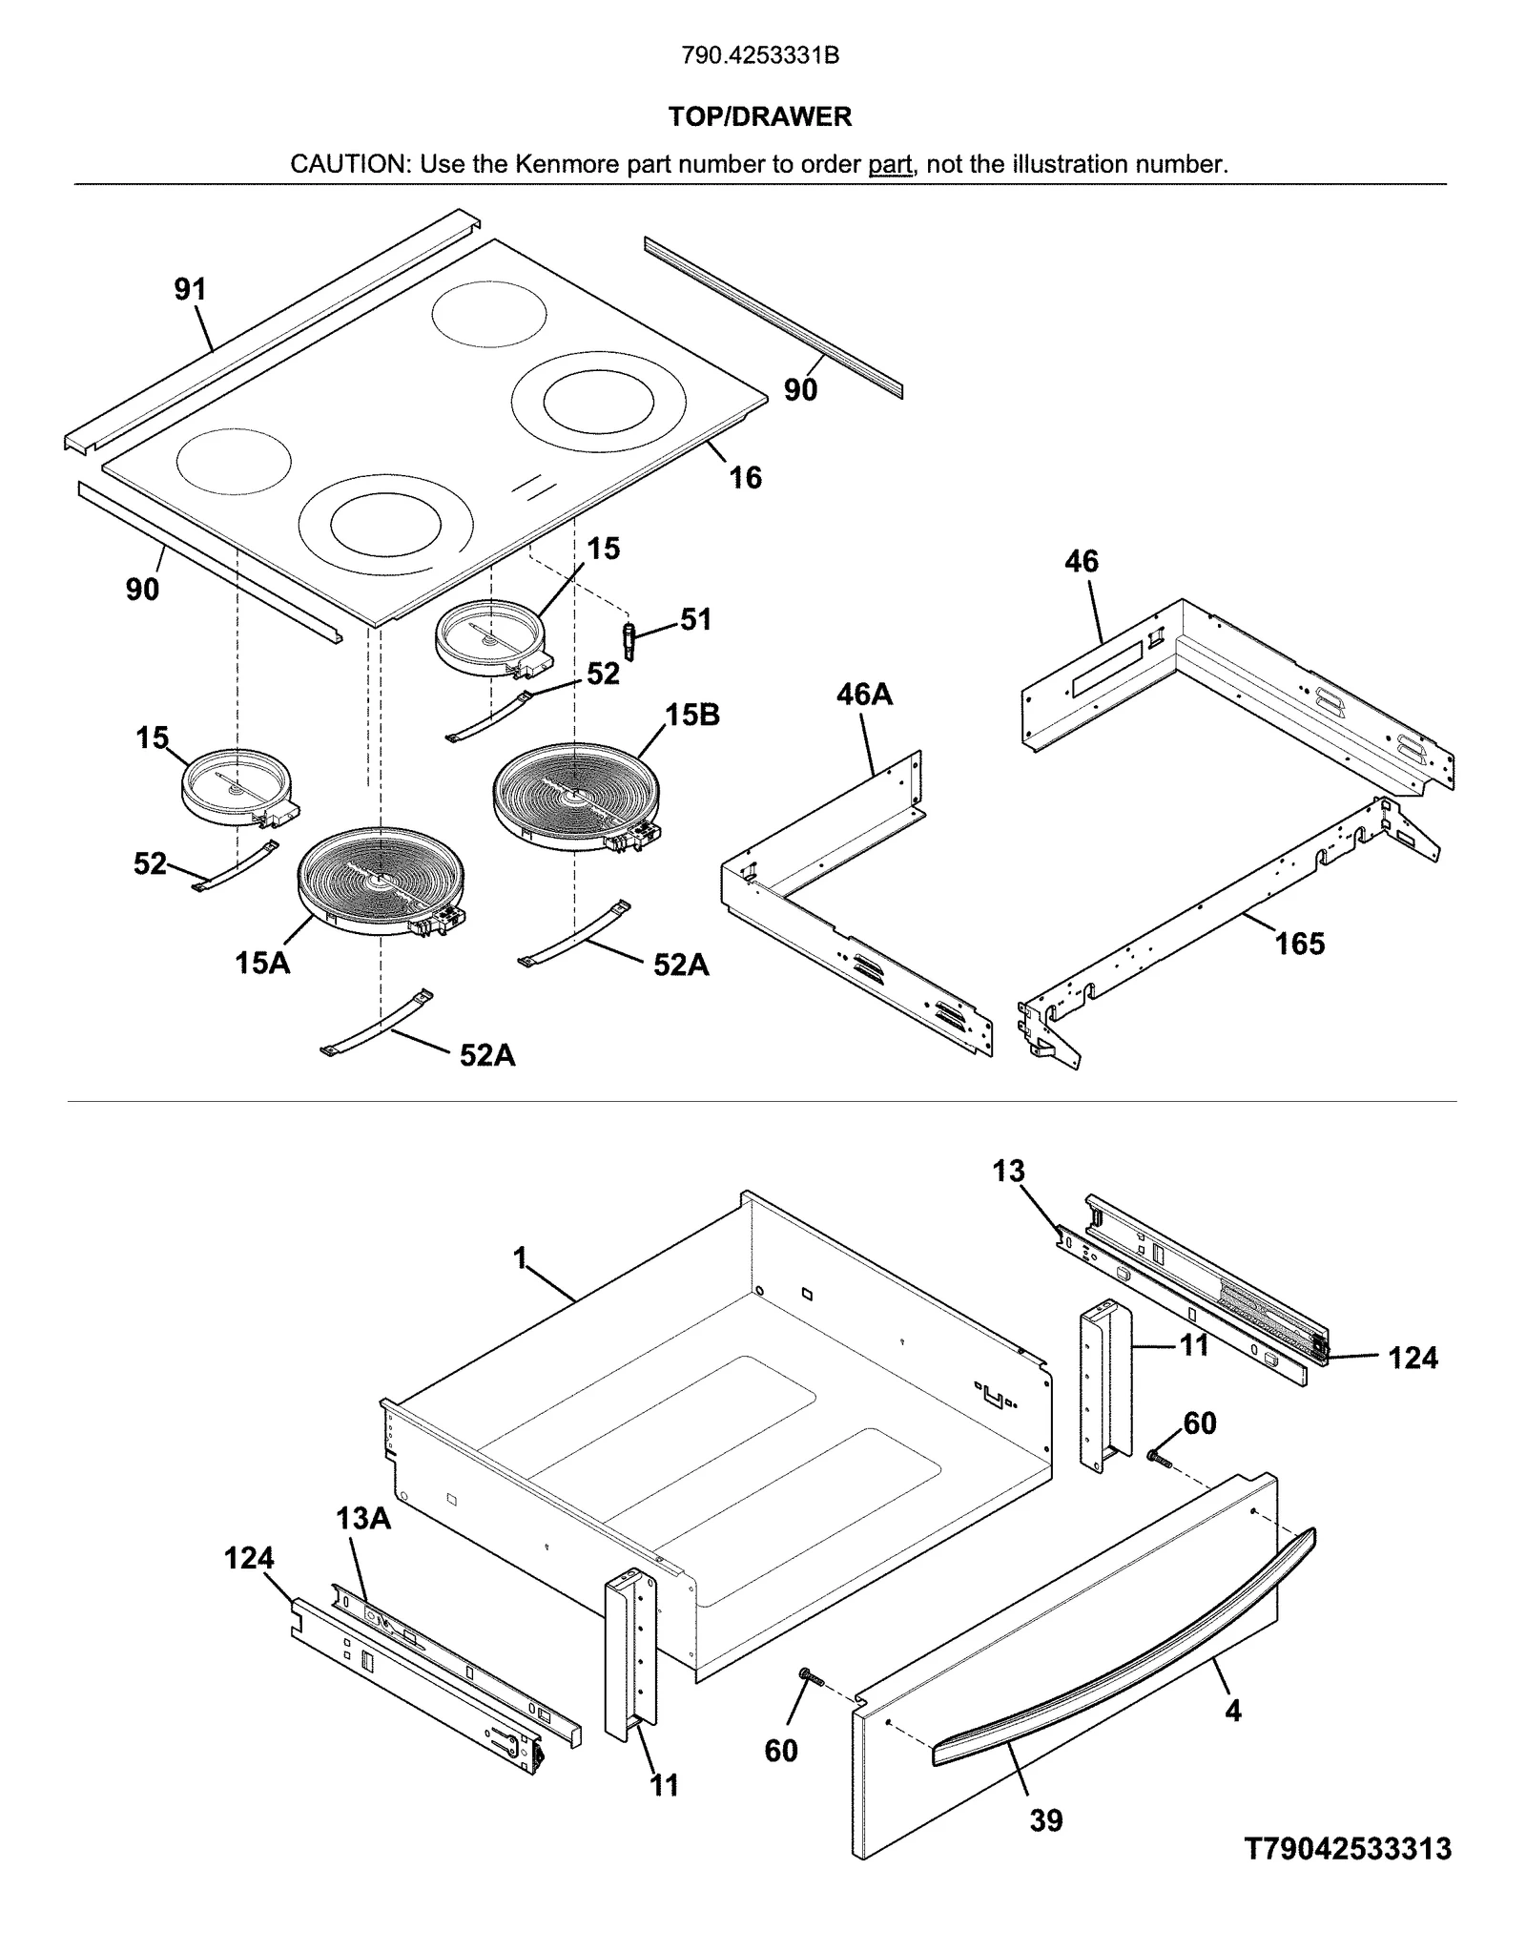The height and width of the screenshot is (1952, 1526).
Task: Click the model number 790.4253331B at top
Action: [760, 56]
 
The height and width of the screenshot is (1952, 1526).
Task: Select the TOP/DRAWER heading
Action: [760, 117]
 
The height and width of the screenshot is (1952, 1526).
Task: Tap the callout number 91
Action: [190, 289]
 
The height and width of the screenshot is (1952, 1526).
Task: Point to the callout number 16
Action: [745, 477]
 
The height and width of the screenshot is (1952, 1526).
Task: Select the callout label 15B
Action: [692, 715]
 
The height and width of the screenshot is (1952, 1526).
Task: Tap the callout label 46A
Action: [864, 695]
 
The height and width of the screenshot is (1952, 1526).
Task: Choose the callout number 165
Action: [1300, 945]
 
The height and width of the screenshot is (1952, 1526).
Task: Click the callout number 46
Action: [1082, 561]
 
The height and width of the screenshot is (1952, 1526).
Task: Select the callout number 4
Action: [1233, 1712]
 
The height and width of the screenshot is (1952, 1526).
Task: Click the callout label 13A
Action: [362, 1519]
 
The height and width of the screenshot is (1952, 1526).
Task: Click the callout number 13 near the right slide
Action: [1008, 1172]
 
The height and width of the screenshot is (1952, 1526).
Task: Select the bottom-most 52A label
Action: [487, 1055]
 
